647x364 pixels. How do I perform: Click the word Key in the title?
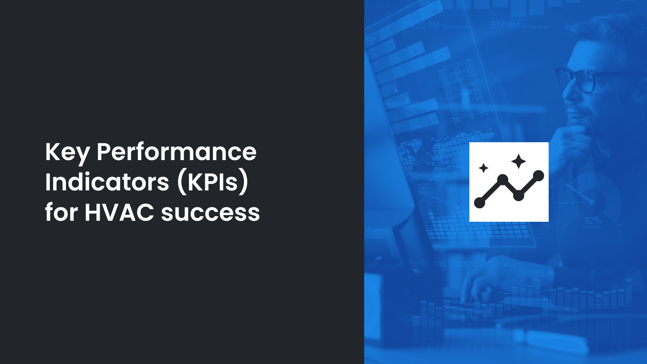point(67,152)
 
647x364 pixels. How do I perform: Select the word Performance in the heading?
point(176,152)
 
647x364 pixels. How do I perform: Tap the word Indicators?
point(107,182)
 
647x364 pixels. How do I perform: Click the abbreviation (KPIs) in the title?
point(213,182)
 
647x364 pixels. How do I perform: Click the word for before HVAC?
point(61,213)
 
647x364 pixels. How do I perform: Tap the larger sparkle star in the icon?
point(518,161)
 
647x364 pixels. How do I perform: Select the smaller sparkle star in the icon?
point(484,168)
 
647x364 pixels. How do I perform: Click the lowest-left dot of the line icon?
point(479,203)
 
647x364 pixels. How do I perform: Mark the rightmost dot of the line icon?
point(538,176)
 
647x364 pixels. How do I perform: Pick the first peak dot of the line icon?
point(502,180)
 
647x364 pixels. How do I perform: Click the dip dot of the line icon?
point(518,195)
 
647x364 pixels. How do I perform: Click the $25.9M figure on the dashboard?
point(425,25)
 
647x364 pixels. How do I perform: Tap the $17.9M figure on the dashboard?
point(505,25)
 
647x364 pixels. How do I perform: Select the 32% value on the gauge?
point(592,221)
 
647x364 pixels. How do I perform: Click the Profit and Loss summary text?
point(457,263)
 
